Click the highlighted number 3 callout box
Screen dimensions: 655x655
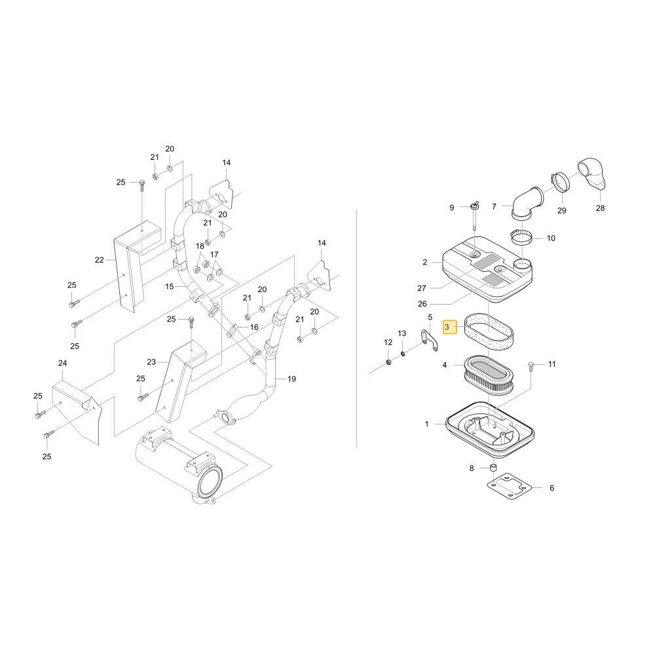[449, 327]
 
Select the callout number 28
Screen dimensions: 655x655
[600, 208]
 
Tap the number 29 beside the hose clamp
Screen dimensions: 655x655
[561, 210]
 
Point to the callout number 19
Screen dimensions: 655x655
[291, 379]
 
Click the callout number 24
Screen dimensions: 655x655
[62, 363]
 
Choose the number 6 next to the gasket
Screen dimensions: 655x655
[552, 488]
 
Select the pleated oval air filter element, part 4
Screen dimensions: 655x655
[489, 375]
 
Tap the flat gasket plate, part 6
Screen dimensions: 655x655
[509, 487]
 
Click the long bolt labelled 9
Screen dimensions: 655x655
[475, 216]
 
